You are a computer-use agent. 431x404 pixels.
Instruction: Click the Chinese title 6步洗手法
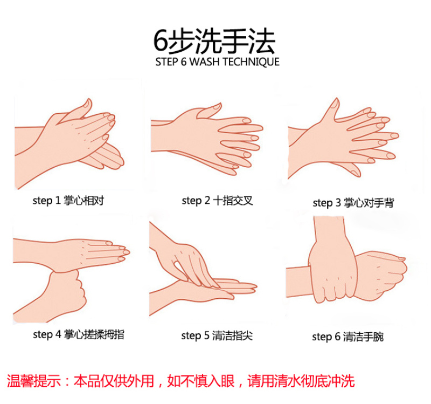[x=214, y=41]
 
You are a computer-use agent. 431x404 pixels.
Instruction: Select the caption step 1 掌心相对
[x=68, y=201]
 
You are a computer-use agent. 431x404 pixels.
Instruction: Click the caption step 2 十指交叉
[x=217, y=201]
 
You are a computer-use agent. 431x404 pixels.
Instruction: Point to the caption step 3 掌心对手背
[x=353, y=203]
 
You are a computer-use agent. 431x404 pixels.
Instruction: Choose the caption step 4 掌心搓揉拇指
[x=79, y=334]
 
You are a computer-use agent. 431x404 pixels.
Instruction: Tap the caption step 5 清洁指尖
[x=217, y=335]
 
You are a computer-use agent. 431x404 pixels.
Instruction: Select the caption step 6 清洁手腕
[x=347, y=337]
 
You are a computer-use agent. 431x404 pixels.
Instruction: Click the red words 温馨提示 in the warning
[x=33, y=381]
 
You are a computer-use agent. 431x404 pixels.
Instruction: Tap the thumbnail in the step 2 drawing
[x=217, y=106]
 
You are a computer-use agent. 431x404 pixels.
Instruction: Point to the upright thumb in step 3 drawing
[x=333, y=109]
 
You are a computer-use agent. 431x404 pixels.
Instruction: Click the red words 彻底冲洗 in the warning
[x=328, y=381]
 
